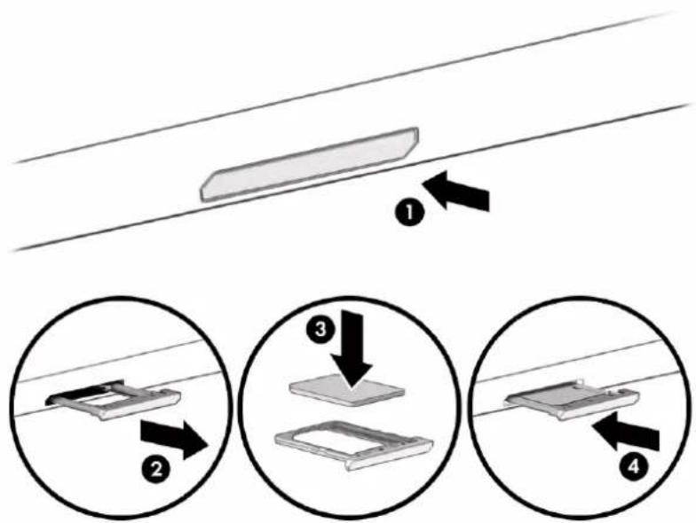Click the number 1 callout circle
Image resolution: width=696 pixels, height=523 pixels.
(x=409, y=213)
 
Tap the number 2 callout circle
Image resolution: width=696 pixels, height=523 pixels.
(x=156, y=469)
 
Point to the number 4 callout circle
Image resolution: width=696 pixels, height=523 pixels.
(x=634, y=466)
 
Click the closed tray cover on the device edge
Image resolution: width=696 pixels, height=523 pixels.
(x=309, y=165)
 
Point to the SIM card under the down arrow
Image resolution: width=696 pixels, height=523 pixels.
(x=346, y=389)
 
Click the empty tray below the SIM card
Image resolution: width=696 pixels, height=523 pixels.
(x=353, y=443)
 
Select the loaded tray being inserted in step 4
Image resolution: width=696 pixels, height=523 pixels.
(x=573, y=398)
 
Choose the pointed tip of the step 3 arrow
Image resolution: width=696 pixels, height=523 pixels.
(x=351, y=390)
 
